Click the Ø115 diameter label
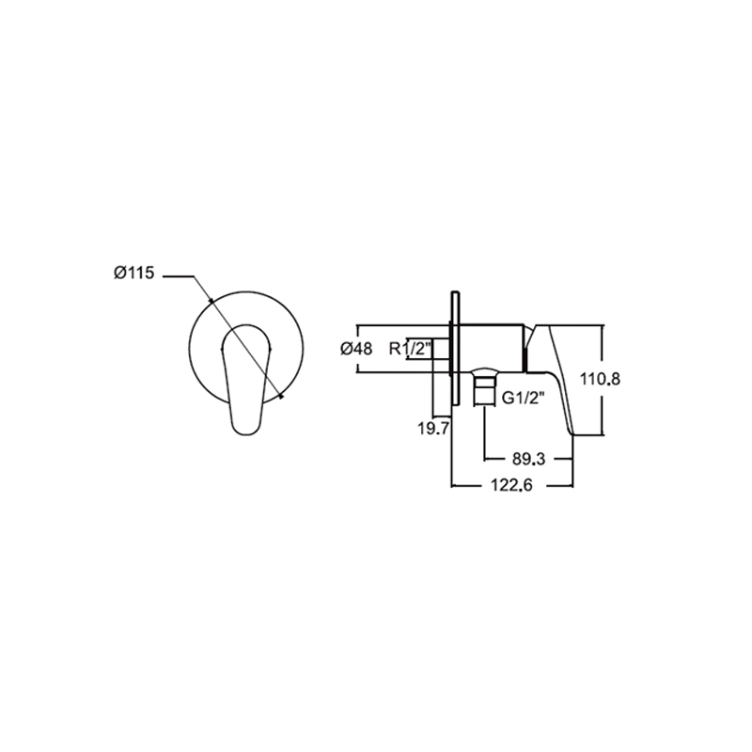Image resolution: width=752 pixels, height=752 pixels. (x=134, y=274)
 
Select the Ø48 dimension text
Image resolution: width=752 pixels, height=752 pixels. (x=356, y=349)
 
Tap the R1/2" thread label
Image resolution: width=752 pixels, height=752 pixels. (x=411, y=348)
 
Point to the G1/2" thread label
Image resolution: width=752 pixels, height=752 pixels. (x=523, y=398)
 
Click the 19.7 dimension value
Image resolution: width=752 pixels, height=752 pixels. (x=433, y=429)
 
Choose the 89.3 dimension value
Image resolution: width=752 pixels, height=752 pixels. (x=528, y=459)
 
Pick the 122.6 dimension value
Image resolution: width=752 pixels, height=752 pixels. (x=511, y=485)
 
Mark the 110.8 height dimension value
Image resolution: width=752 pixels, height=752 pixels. (x=600, y=379)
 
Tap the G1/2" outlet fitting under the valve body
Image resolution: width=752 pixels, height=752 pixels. (x=483, y=387)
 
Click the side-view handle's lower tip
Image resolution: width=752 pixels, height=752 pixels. (x=573, y=434)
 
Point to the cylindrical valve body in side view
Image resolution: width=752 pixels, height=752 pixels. (x=492, y=348)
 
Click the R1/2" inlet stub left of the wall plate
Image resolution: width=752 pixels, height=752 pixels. (x=441, y=348)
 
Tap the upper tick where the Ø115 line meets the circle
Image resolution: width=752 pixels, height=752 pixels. (x=211, y=301)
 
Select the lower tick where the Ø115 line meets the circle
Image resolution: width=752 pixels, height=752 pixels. (x=281, y=396)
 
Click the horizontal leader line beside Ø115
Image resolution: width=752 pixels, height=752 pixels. (x=179, y=276)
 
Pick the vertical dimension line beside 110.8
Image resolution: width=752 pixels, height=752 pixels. (x=603, y=380)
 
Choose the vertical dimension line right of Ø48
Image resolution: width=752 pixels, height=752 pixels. (x=357, y=349)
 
